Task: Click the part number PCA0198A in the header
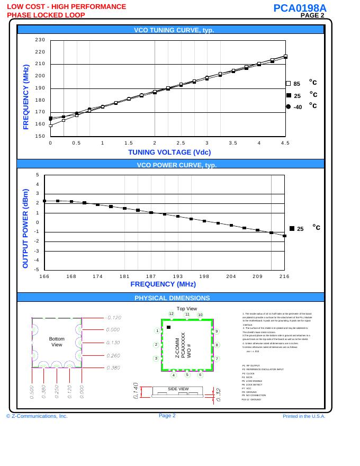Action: pos(300,8)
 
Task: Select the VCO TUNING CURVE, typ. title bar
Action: pos(170,30)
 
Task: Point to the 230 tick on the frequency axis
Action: pos(40,40)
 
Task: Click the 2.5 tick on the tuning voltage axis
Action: pos(181,142)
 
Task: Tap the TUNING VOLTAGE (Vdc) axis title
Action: pos(169,153)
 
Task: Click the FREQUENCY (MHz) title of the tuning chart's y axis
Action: pos(25,97)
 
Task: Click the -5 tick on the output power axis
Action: pos(38,270)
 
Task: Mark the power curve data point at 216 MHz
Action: pos(284,236)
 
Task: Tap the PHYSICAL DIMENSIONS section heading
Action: pos(172,298)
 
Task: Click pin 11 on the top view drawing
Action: pos(187,315)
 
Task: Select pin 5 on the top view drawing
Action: pos(187,375)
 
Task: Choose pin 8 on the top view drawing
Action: pos(217,345)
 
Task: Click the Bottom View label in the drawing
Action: pos(57,342)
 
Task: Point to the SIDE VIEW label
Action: pos(178,389)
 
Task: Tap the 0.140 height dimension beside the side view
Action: pos(136,390)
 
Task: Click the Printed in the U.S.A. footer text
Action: pos(304,416)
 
